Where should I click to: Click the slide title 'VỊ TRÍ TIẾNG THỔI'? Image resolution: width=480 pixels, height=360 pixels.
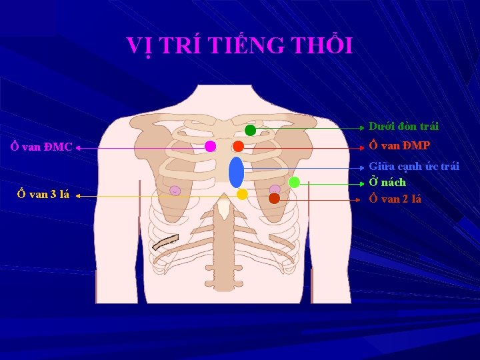(x=239, y=45)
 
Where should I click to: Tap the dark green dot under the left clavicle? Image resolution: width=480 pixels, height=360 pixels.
(x=250, y=130)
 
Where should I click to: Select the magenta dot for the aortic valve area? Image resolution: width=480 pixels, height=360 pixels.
(x=210, y=146)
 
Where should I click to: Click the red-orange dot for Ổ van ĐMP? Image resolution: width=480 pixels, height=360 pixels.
(x=238, y=146)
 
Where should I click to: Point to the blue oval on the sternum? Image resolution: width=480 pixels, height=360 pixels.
(x=236, y=172)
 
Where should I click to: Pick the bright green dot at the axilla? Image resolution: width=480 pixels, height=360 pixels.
(x=294, y=182)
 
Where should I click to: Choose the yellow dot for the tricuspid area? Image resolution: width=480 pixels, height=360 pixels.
(x=242, y=194)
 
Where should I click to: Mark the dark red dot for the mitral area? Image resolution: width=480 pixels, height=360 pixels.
(x=274, y=198)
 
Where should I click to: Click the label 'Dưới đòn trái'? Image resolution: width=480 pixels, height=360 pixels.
(x=403, y=126)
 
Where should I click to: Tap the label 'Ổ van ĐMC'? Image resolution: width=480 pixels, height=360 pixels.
(x=41, y=147)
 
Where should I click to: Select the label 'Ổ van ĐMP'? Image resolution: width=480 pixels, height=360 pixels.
(x=400, y=145)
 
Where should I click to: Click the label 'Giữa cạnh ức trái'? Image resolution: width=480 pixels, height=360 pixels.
(x=414, y=166)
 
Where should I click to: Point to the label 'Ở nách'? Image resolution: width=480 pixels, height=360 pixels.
(x=387, y=182)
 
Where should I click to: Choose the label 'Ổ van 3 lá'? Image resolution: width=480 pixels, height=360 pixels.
(x=43, y=195)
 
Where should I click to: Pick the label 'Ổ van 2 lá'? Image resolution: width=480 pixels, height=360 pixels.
(x=395, y=199)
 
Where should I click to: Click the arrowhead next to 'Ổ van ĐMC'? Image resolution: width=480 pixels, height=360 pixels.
(x=78, y=149)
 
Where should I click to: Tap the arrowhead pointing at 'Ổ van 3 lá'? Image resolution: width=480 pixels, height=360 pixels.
(x=77, y=197)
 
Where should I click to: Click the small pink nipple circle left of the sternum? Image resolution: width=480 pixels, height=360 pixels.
(x=175, y=191)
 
